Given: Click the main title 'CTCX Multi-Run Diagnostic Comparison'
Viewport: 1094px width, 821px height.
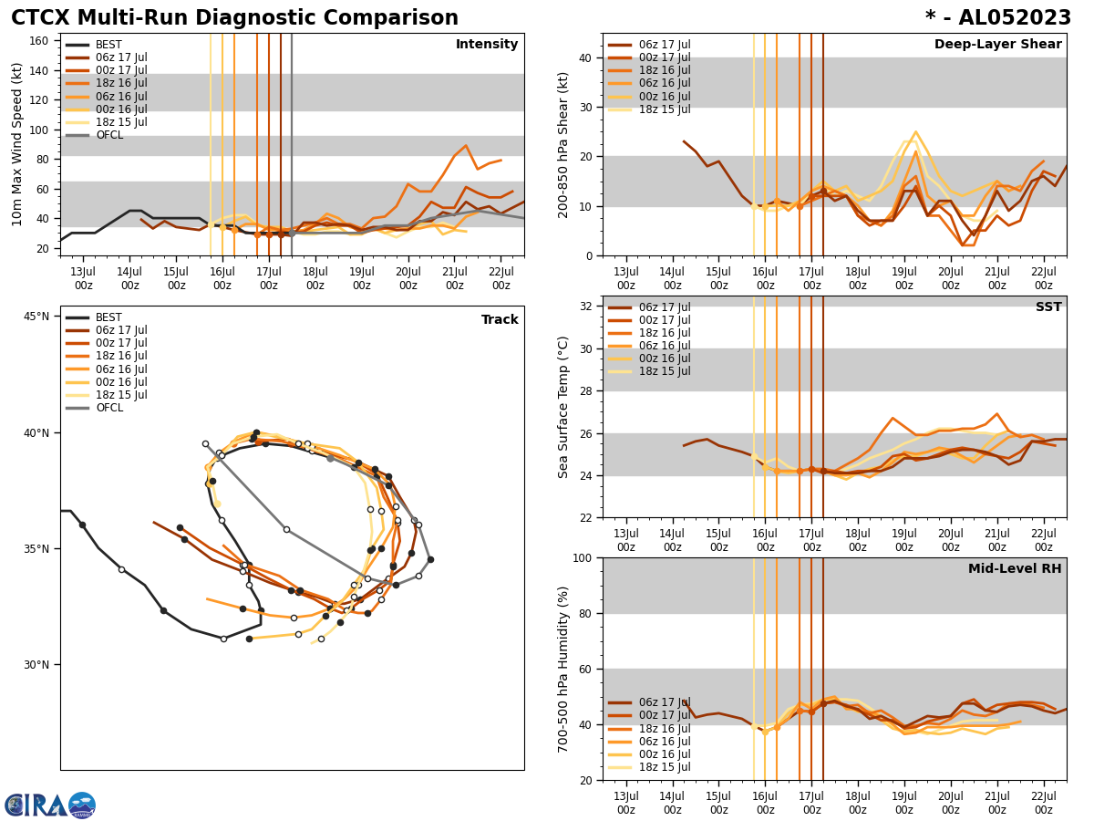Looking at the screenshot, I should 234,18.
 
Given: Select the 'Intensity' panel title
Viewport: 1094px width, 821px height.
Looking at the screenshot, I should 487,45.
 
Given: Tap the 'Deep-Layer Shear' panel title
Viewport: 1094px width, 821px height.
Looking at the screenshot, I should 997,45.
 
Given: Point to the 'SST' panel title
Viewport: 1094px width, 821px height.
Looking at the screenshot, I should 1048,307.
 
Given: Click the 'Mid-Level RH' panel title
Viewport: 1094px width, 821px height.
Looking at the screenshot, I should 1015,569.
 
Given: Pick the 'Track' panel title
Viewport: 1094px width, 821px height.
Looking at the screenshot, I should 500,320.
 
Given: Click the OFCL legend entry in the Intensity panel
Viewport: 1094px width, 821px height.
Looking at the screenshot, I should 108,135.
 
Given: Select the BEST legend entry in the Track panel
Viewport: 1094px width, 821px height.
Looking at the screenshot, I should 108,317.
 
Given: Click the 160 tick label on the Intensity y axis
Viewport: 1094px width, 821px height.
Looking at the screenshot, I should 39,41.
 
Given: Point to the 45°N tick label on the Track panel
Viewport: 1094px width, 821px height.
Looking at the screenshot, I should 36,317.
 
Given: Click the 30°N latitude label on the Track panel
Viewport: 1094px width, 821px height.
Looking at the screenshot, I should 36,664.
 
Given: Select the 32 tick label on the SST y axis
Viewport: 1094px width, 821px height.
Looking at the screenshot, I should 586,307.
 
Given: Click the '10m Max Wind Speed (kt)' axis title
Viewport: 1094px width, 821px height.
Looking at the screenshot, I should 18,144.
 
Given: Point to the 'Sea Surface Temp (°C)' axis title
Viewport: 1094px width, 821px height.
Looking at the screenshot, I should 564,407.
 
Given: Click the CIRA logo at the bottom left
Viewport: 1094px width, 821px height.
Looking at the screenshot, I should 49,805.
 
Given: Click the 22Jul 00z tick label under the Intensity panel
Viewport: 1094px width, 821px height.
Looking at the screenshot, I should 501,278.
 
